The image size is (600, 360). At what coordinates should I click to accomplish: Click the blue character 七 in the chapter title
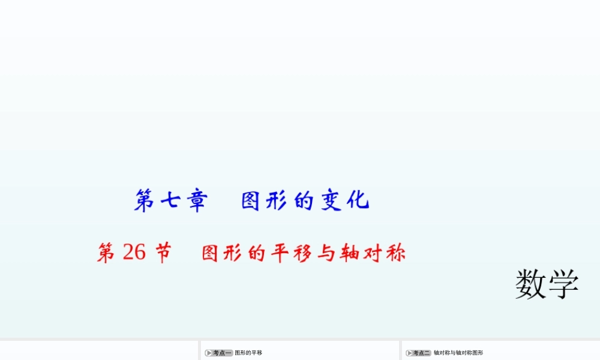click(x=169, y=200)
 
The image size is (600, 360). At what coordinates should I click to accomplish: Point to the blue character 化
click(x=358, y=200)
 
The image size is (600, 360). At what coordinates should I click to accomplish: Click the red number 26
click(x=134, y=253)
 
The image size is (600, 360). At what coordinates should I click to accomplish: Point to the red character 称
click(x=395, y=253)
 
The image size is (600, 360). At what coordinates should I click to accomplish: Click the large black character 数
click(x=530, y=284)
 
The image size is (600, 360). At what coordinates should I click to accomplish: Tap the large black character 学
click(x=563, y=284)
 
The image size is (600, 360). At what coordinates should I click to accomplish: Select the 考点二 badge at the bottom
click(x=419, y=353)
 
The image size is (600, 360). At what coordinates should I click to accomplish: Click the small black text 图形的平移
click(x=248, y=353)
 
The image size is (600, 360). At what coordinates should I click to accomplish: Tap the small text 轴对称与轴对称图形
click(x=458, y=353)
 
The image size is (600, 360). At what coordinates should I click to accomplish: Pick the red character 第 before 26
click(x=107, y=253)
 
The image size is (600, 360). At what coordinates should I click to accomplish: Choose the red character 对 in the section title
click(x=377, y=253)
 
